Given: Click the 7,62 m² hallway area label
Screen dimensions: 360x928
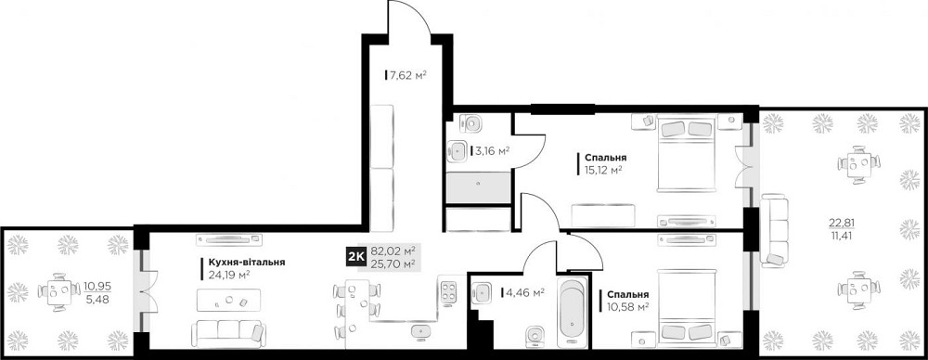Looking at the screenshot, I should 406,75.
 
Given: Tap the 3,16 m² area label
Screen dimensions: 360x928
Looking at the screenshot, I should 492,150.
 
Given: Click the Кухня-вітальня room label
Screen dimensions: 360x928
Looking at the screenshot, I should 241,263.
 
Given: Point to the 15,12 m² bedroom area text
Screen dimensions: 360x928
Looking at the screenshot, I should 603,170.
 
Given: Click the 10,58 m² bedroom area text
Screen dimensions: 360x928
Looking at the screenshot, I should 628,306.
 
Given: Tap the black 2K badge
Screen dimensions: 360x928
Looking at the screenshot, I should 354,257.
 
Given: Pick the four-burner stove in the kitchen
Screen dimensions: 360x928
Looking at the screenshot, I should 448,291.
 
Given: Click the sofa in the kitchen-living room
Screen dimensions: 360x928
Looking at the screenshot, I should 228,331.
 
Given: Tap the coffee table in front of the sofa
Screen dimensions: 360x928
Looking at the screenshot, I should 227,300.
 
